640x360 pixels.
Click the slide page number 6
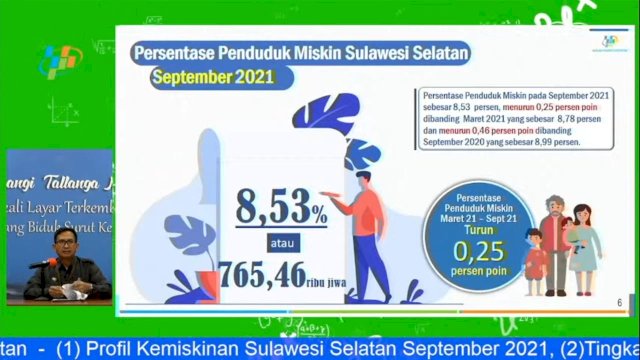620,302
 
